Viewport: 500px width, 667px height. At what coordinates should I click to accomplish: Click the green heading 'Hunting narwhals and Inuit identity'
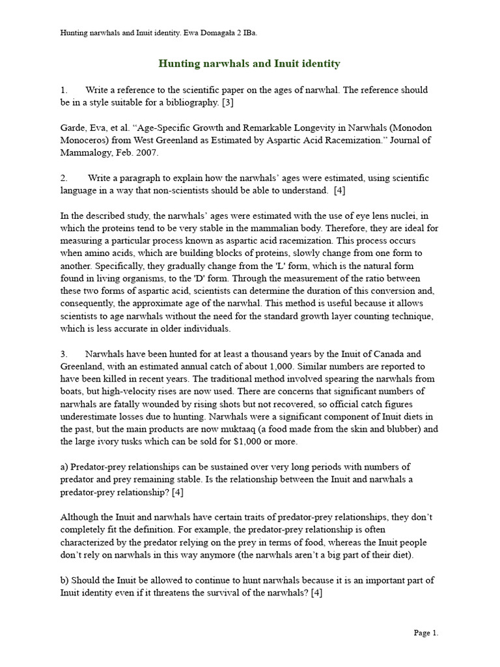pyautogui.click(x=249, y=63)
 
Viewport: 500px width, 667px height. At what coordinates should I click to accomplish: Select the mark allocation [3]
pyautogui.click(x=228, y=102)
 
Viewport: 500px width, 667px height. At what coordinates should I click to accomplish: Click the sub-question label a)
pyautogui.click(x=64, y=467)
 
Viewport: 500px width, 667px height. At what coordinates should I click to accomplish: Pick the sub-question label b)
pyautogui.click(x=64, y=580)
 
